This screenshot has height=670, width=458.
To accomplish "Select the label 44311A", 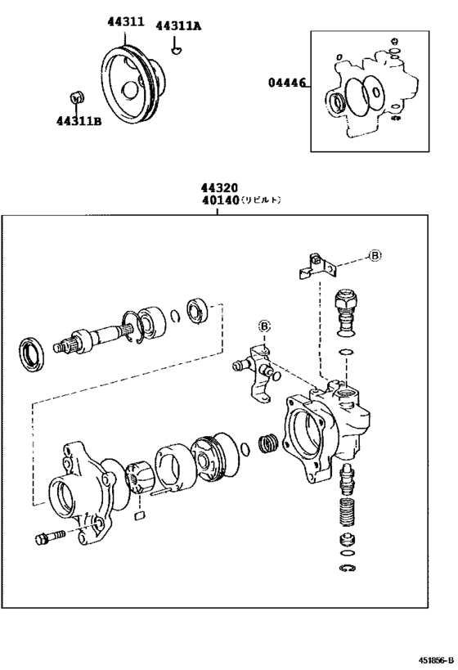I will (177, 26).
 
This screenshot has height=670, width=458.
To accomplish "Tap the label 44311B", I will (79, 122).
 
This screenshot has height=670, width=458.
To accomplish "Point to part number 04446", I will (287, 83).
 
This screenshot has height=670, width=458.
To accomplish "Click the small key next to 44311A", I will (175, 51).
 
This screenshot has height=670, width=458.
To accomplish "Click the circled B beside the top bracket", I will (374, 256).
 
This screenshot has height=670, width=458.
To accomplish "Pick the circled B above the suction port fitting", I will (263, 326).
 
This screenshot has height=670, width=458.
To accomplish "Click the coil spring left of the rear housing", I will (267, 446).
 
